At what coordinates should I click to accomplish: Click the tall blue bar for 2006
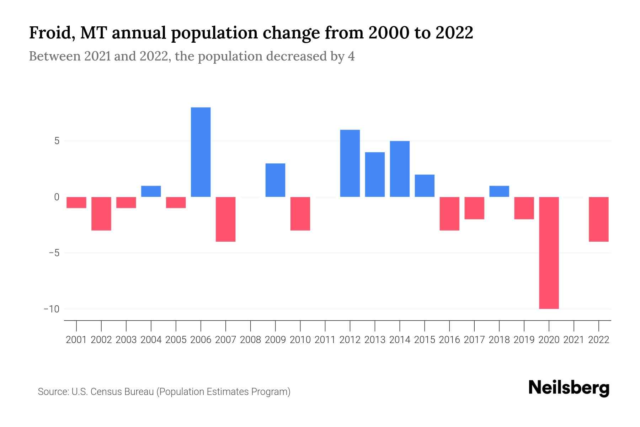coord(201,152)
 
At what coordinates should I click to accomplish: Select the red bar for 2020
coord(549,253)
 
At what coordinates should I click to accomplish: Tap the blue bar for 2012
coord(350,163)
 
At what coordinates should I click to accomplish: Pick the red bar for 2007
coord(225,219)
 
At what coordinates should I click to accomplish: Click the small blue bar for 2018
coord(499,191)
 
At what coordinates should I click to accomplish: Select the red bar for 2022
coord(598,219)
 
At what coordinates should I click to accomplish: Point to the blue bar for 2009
coord(275,180)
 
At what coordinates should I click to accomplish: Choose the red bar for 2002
coord(101,213)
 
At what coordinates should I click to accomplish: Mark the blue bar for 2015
coord(425,186)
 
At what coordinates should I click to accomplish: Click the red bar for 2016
coord(449,213)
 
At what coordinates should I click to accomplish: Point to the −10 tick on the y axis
coord(52,309)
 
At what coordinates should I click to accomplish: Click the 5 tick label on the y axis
coord(57,141)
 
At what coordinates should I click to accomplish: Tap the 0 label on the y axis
coord(57,197)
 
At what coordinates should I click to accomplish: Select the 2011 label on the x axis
coord(325,340)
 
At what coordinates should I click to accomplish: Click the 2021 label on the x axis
coord(574,340)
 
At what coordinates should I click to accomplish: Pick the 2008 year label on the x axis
coord(250,340)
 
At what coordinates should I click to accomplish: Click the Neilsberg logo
coord(569,388)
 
